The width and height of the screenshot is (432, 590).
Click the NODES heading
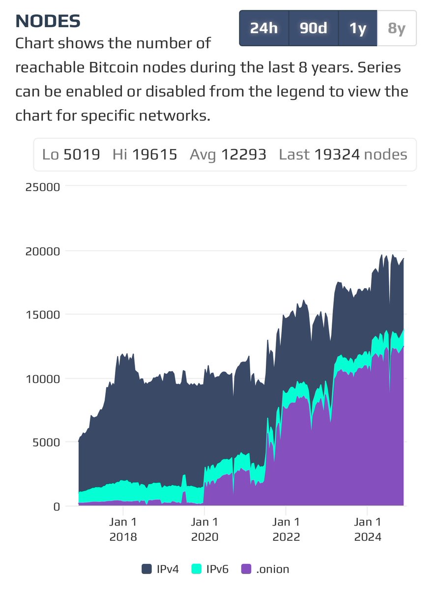pos(48,21)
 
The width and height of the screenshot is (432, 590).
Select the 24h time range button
pos(264,29)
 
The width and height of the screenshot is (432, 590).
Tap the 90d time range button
pos(314,29)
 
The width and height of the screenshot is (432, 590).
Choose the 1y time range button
pos(358,29)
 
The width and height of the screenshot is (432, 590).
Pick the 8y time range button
pos(397,29)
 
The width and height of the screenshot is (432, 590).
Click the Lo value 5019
pos(82,155)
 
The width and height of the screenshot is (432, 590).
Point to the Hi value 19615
pos(154,155)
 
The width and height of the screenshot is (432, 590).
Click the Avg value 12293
pos(243,155)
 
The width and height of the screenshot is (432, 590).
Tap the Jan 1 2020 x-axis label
pos(204,529)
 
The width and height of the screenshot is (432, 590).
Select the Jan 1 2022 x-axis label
pos(286,529)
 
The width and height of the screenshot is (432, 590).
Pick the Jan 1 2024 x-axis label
pos(368,529)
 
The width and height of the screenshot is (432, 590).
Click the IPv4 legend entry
pos(160,569)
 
